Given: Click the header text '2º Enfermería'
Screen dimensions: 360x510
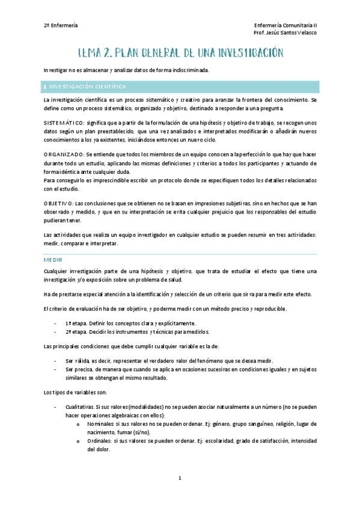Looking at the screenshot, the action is (61, 25).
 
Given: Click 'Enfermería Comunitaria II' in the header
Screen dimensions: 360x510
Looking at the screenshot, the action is (286, 25).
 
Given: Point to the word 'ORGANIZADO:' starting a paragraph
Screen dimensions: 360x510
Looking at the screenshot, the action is (64, 155).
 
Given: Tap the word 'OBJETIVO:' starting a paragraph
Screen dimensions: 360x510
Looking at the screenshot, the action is (59, 203).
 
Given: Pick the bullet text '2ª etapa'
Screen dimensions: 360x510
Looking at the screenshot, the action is (77, 331).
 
